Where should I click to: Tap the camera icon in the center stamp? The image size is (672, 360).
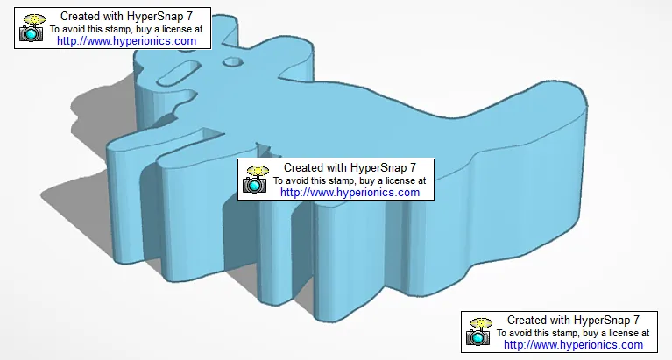point(256,179)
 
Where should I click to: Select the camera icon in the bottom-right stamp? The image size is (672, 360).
point(479,331)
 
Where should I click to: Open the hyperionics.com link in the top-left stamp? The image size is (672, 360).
point(126,40)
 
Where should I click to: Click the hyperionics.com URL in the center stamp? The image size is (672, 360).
point(350,192)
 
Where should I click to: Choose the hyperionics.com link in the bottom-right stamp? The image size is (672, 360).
point(573,344)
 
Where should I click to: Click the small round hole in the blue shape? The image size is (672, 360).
point(232,61)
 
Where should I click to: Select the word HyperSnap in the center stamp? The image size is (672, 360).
point(379,167)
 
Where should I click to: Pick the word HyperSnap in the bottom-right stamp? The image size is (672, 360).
point(603,320)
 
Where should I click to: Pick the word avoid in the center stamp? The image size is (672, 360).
point(301,180)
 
